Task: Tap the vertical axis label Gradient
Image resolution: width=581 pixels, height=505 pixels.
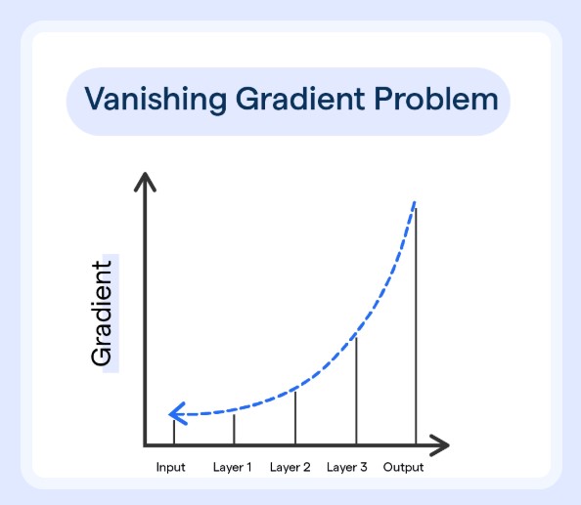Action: (x=103, y=313)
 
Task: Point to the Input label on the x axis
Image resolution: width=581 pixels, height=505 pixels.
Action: (x=171, y=467)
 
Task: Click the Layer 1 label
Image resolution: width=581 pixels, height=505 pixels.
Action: (x=232, y=467)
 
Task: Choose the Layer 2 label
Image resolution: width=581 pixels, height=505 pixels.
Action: (x=290, y=467)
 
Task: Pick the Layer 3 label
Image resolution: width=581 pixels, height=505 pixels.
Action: (x=347, y=467)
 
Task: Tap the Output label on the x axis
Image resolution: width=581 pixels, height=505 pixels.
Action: (x=403, y=467)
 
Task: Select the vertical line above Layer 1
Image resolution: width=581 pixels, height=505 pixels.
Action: (x=234, y=429)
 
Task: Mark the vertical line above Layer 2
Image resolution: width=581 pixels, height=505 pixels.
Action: (x=295, y=417)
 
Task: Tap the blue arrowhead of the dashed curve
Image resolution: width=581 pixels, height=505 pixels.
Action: (x=174, y=414)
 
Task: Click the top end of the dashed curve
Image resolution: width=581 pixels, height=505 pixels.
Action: (x=415, y=202)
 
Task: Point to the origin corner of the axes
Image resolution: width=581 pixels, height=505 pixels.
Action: (x=146, y=445)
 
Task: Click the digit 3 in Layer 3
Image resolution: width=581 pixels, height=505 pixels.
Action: (x=363, y=467)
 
